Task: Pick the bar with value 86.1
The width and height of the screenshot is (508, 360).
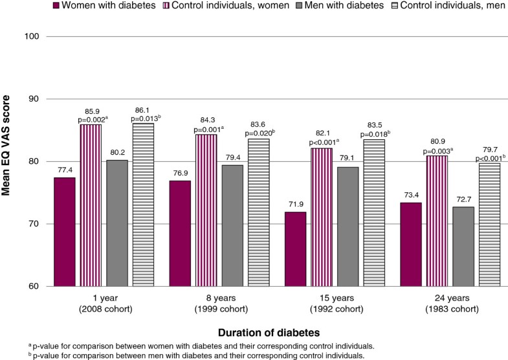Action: (144, 205)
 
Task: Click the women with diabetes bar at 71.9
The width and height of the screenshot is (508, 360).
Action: (294, 249)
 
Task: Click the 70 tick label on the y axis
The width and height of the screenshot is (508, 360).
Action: (36, 224)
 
